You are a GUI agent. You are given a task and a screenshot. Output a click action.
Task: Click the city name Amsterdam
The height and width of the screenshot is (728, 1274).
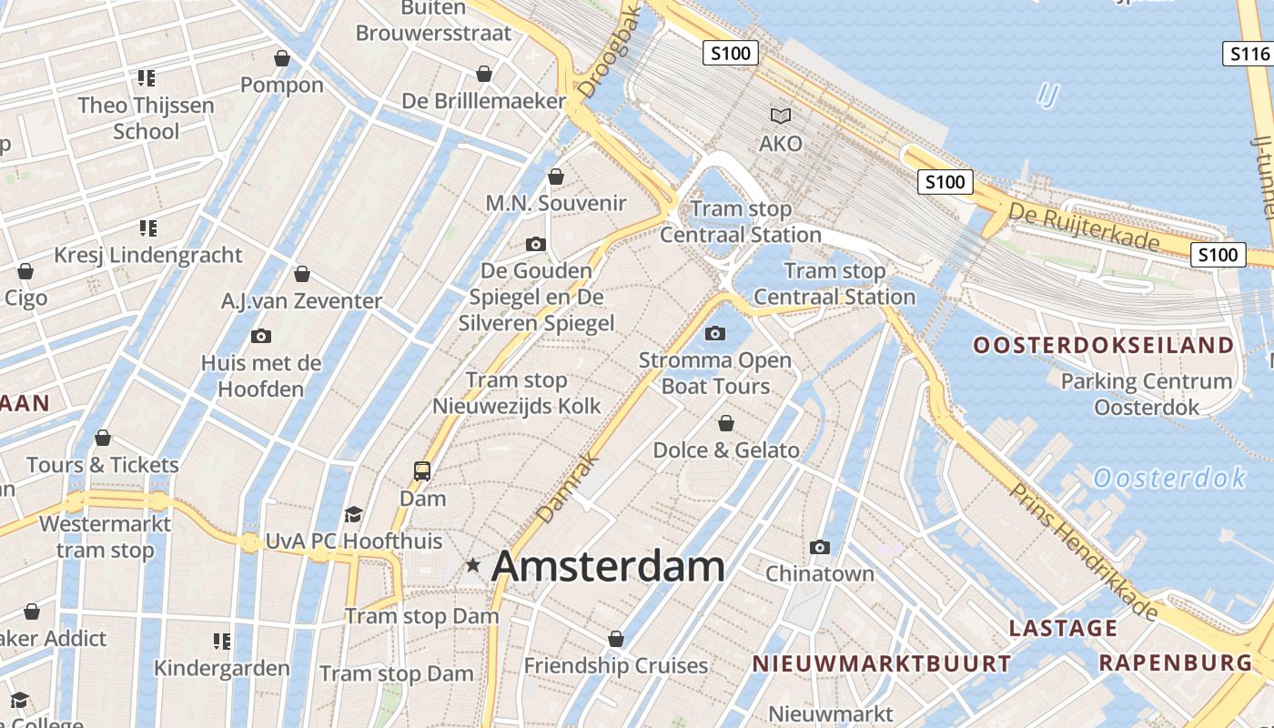pos(608,566)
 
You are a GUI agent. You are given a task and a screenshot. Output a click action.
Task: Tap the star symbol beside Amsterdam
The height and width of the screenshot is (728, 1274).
pos(472,565)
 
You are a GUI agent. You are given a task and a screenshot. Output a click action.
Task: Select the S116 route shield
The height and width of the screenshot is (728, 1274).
pos(1249,54)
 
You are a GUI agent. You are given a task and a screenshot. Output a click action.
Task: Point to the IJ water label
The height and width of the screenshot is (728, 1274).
pos(1047,95)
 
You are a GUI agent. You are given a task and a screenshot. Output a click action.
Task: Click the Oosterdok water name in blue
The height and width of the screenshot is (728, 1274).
pos(1169,478)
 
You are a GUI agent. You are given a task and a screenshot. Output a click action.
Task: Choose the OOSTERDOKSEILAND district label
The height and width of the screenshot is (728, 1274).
pos(1103,346)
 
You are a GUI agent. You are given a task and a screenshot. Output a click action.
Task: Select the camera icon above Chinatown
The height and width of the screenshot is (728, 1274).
pos(820,547)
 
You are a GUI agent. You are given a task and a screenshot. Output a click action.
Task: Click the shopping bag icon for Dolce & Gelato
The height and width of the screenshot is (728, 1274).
pos(726,423)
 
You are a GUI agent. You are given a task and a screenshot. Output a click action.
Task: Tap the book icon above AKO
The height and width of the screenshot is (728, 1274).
pos(781,116)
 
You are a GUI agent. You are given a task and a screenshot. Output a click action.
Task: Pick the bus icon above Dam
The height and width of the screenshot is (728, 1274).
pos(422,471)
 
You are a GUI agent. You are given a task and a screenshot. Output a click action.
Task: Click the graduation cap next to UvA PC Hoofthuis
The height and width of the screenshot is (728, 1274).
pos(354,515)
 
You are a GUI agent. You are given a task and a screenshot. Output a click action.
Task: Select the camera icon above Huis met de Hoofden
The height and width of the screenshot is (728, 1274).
pos(261,336)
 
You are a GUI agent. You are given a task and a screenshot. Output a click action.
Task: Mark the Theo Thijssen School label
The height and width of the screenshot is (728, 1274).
pos(146,118)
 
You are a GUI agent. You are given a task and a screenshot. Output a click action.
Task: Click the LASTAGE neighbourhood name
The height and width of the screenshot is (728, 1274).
pos(1063,628)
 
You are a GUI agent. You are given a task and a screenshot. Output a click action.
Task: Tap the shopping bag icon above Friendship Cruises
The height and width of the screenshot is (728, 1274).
pos(616,639)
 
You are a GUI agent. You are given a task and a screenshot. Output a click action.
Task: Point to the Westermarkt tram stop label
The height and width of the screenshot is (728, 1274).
pos(106,537)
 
